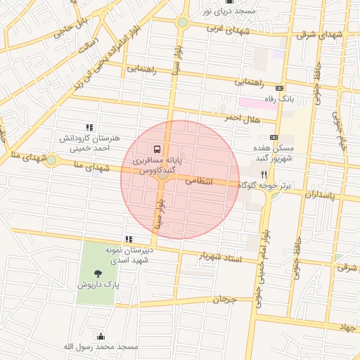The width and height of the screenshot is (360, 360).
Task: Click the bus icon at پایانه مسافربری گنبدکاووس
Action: point(156,149)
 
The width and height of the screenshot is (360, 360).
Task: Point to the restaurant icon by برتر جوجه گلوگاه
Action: point(264,174)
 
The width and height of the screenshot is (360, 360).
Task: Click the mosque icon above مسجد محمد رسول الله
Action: point(100,336)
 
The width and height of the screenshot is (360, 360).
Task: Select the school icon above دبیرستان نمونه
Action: point(128,239)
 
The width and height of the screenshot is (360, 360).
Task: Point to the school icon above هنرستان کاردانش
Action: point(89,127)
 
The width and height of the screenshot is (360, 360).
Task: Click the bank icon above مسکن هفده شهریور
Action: point(274,137)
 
